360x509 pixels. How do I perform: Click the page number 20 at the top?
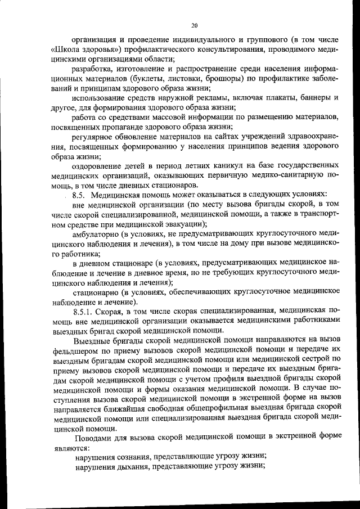[x=195, y=25]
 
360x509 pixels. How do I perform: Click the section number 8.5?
[x=80, y=194]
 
